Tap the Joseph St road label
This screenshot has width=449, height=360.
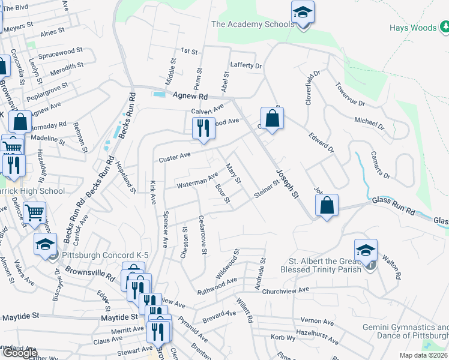click(x=286, y=184)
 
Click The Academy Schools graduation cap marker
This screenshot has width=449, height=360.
click(x=303, y=13)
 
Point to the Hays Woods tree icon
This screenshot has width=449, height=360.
click(x=445, y=27)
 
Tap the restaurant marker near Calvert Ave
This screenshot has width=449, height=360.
click(x=202, y=128)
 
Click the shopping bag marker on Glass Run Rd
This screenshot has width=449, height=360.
click(x=327, y=205)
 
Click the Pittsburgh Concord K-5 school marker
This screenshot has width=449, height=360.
click(x=45, y=244)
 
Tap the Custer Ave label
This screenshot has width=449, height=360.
click(x=174, y=157)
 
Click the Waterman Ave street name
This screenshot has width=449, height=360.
click(x=196, y=181)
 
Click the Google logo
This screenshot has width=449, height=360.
click(x=20, y=353)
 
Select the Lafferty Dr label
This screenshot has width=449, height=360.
click(x=246, y=65)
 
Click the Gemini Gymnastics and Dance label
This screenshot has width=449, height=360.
click(x=406, y=332)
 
